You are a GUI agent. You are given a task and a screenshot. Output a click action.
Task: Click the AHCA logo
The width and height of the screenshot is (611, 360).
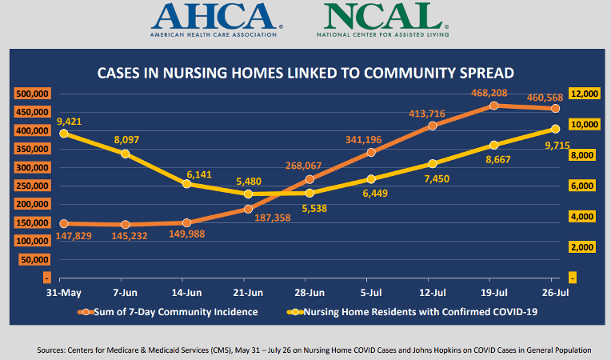click(217, 19)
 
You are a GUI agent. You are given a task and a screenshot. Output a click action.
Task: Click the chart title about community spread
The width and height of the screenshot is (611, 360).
click(305, 73)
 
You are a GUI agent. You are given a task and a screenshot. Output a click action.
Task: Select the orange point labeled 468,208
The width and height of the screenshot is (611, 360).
click(494, 105)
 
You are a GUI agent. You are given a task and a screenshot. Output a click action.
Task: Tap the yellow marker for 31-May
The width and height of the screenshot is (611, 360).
click(63, 134)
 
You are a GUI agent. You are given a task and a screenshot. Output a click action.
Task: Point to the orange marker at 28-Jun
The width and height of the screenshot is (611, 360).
click(309, 178)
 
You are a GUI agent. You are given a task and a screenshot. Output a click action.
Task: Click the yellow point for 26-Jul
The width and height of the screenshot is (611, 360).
click(556, 129)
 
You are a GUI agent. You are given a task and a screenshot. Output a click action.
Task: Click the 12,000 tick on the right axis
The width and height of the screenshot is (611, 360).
click(585, 94)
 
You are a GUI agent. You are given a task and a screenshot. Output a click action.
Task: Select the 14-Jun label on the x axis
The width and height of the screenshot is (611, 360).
click(186, 293)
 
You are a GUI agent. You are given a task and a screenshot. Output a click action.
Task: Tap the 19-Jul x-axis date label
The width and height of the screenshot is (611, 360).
click(494, 293)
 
